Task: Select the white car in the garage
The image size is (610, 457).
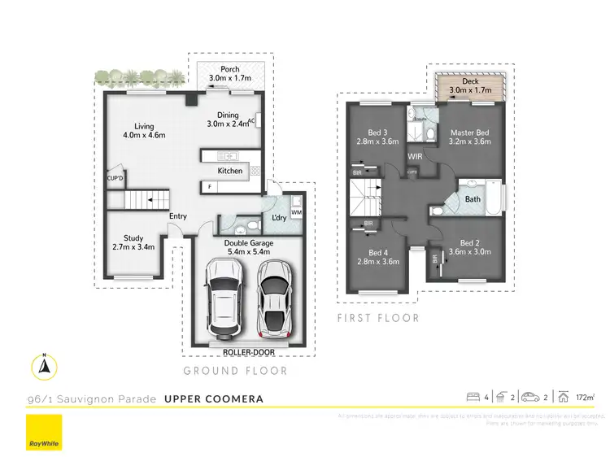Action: tap(222, 299)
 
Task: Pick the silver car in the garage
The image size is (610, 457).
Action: tap(274, 298)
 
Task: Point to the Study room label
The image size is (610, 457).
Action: tap(133, 242)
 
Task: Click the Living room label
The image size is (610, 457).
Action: tap(144, 130)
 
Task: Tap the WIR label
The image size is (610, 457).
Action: tap(415, 155)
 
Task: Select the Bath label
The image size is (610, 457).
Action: tap(473, 198)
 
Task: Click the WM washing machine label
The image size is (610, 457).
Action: tap(296, 213)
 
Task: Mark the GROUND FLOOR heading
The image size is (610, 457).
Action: tap(235, 371)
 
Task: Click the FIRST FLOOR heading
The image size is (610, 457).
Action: tap(378, 318)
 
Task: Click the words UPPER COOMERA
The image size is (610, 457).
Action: tap(213, 399)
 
